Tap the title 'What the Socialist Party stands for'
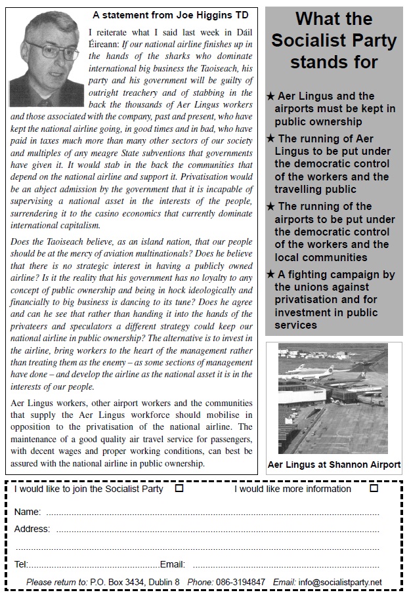334,40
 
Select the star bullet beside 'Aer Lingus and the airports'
270,96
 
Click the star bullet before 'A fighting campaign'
270,274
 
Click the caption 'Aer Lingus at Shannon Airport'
334,465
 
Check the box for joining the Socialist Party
180,488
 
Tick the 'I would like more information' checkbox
374,488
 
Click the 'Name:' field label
27,512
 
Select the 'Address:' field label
32,529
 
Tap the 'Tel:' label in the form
20,564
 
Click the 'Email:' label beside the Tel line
173,564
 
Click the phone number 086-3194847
241,582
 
